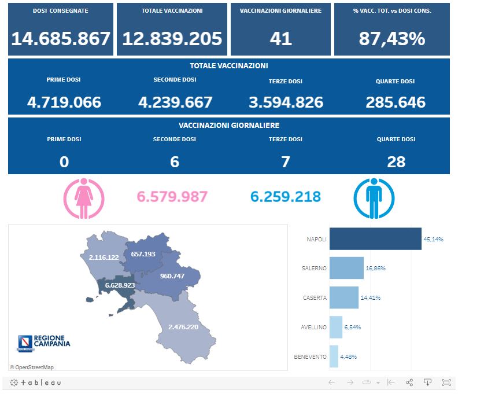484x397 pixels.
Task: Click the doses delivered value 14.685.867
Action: coord(61,39)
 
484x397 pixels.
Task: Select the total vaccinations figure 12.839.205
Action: coord(172,39)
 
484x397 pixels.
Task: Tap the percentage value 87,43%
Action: coord(391,39)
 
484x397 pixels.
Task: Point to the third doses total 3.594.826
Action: coord(286,102)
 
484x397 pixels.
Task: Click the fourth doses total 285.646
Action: coord(396,102)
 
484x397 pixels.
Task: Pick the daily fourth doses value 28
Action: coord(396,161)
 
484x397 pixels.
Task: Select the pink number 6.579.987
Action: coord(172,197)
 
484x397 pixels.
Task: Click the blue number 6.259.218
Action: coord(285,197)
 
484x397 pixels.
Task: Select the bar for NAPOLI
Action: coord(375,239)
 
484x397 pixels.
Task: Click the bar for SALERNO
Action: coord(346,269)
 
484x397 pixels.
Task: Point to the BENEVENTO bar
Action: coord(334,356)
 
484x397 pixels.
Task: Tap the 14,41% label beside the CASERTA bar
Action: coord(371,298)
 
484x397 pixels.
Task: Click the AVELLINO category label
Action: coord(313,327)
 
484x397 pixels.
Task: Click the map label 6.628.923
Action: coord(120,285)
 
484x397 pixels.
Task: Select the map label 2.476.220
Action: coord(183,327)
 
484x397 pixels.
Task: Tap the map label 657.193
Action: coord(143,254)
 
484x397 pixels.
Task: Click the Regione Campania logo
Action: coord(44,343)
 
